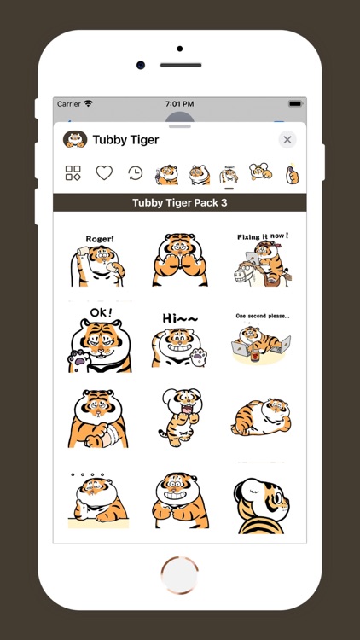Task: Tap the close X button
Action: (287, 140)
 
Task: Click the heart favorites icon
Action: (104, 173)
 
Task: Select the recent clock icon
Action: (135, 173)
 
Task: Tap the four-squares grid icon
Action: (73, 173)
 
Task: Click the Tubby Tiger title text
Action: (125, 140)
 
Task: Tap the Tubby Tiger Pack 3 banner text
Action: (179, 203)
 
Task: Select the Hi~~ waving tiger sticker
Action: (179, 339)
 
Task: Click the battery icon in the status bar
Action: (294, 103)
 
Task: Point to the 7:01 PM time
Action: (179, 103)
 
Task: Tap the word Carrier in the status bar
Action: (68, 103)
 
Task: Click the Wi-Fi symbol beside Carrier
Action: (89, 103)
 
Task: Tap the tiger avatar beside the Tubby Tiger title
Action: (75, 140)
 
